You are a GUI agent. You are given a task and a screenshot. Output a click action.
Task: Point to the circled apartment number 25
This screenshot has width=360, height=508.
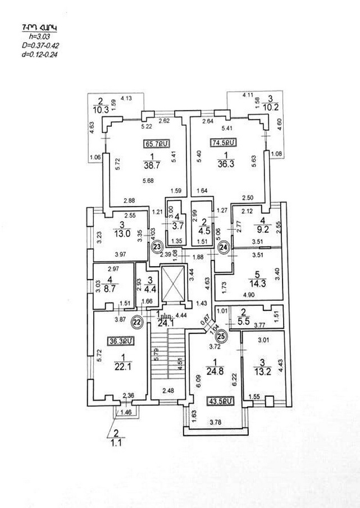[x=221, y=336]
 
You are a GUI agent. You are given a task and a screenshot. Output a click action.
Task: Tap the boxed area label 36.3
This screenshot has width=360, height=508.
[x=120, y=340]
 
